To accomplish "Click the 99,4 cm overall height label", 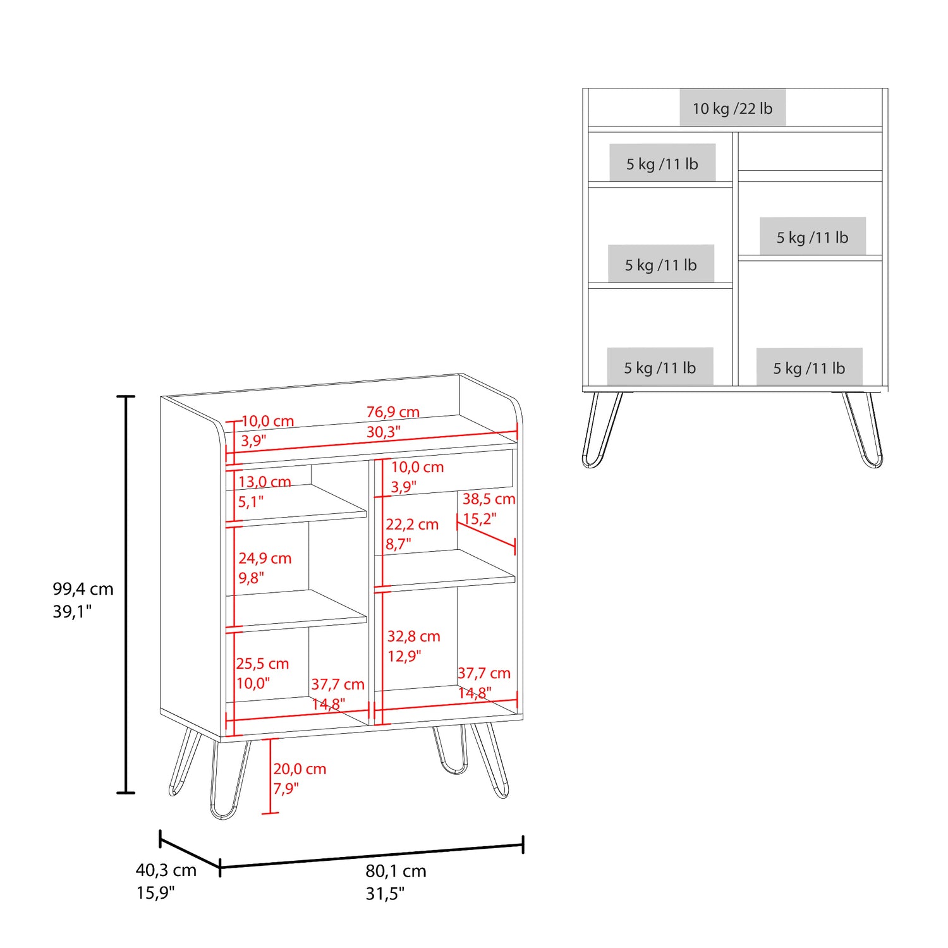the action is pos(83,589).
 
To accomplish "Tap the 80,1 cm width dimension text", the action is pos(396,871).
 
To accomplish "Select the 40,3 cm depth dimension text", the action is pos(166,870).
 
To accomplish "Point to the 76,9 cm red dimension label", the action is pos(392,412).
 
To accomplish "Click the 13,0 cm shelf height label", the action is pos(264,482).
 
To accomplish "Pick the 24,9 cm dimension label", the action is pos(265,558).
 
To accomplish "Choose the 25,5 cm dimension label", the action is pos(262,664).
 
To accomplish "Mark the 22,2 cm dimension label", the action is pos(412,525).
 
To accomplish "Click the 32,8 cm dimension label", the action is pos(413,636).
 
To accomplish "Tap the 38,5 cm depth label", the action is pos(489,499).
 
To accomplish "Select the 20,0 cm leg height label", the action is pos(300,769).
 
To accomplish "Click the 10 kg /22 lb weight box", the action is pos(732,108).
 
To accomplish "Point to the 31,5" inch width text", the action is pos(385,894).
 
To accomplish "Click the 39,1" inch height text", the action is pos(72,612).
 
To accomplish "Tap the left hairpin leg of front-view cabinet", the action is pos(602,430).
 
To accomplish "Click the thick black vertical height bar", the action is pos(126,594).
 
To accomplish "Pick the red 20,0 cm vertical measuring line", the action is pos(270,775).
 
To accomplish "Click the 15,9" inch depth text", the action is pos(155,893).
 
